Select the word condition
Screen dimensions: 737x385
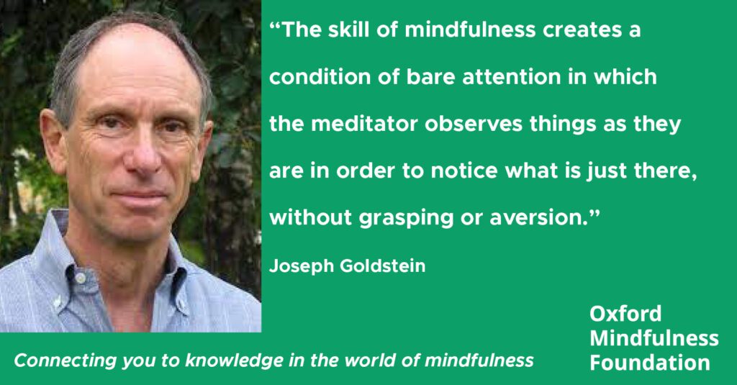tap(320, 77)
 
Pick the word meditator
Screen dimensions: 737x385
tap(364, 124)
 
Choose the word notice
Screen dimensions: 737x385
tap(464, 171)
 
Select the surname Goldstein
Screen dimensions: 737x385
tap(383, 266)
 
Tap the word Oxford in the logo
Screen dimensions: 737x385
tap(625, 314)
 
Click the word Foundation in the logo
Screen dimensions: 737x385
tap(650, 363)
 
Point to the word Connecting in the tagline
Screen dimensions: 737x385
tap(65, 361)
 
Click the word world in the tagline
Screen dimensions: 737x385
tap(371, 361)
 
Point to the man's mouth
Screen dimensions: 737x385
tap(141, 194)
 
